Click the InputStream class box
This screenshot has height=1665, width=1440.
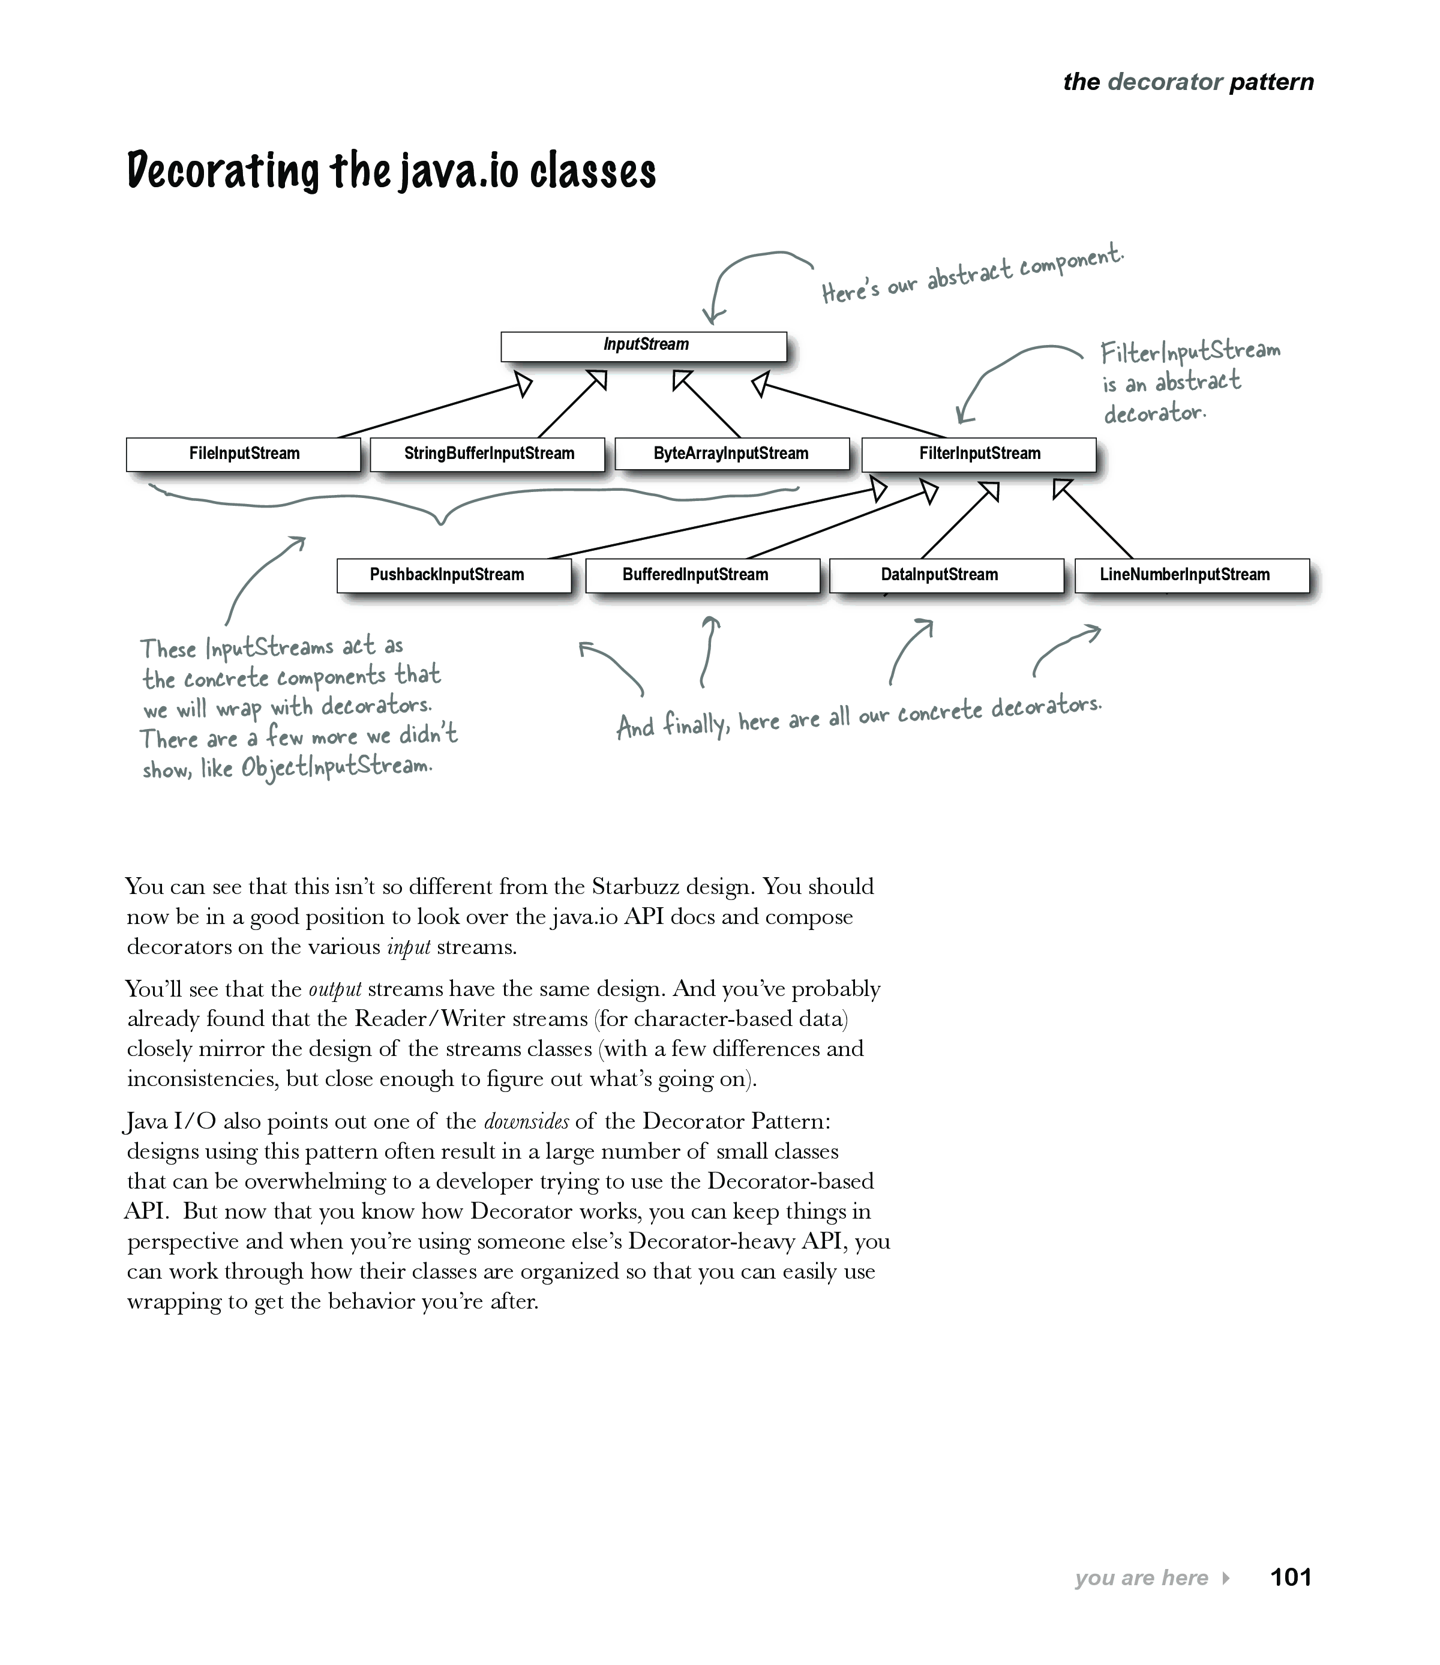pos(644,346)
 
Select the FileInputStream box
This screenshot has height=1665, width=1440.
pos(244,454)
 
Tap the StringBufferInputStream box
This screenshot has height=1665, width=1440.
pos(488,454)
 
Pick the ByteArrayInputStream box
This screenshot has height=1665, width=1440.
pos(731,454)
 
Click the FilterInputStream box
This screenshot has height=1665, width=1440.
pos(979,454)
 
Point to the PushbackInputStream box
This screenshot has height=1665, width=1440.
pos(454,575)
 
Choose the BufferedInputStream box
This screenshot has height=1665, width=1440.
pos(703,575)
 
